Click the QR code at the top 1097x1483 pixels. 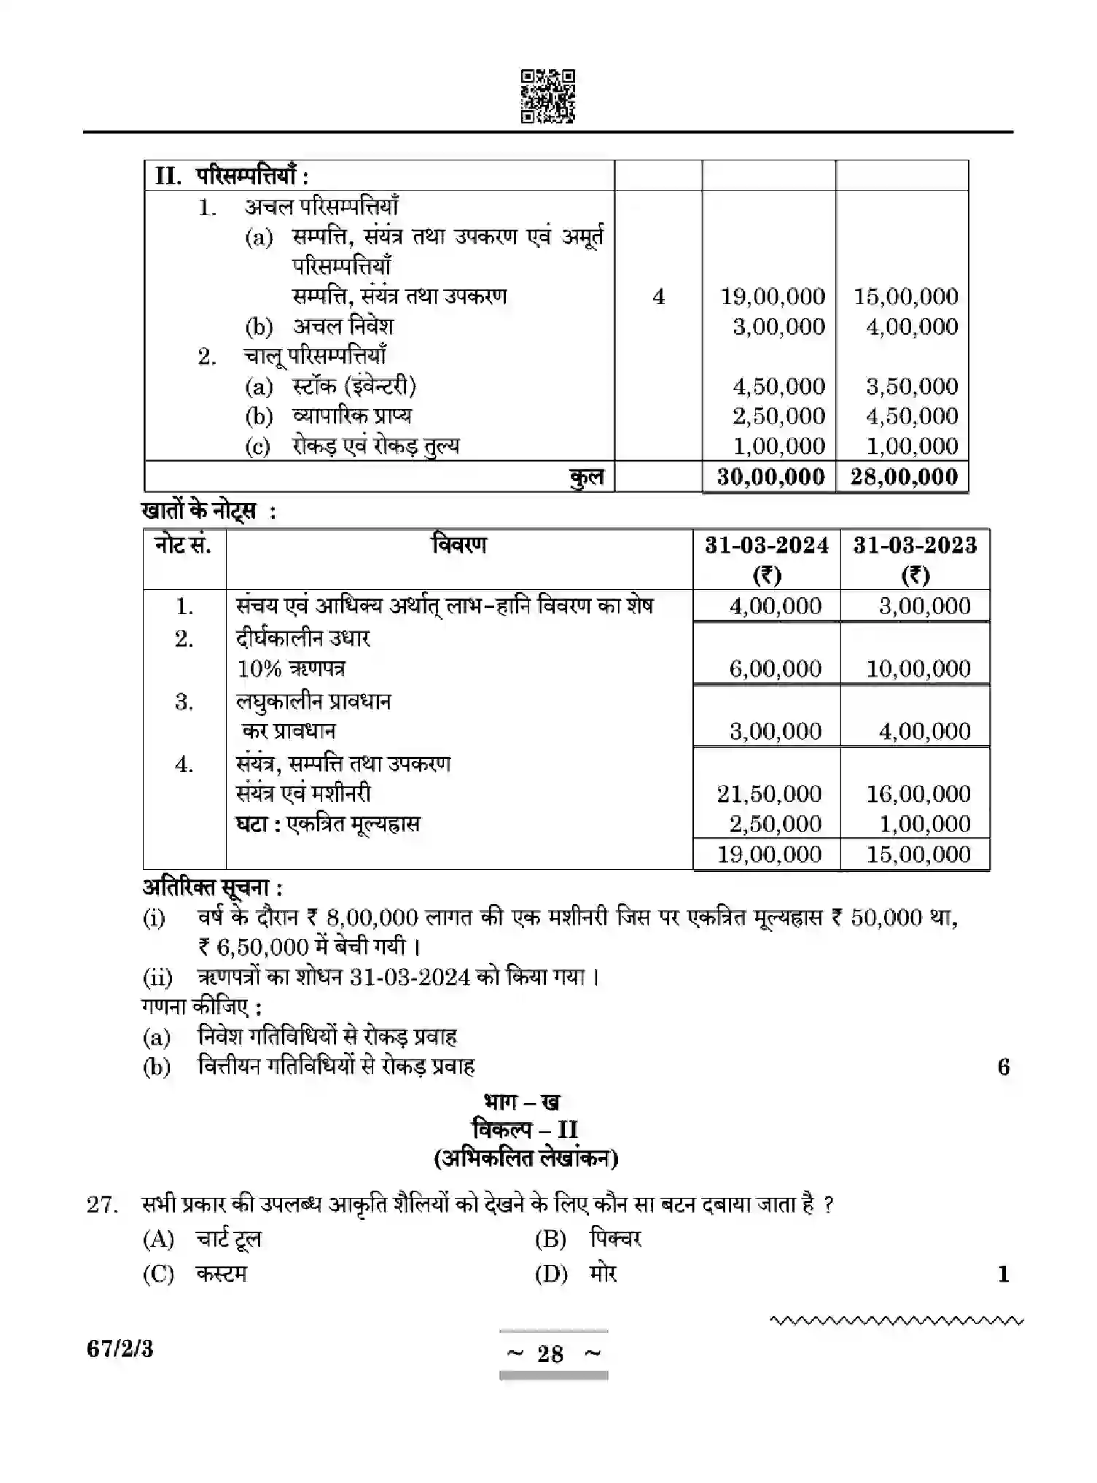[548, 96]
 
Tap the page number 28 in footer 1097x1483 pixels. [550, 1354]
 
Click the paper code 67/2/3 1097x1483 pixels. [120, 1349]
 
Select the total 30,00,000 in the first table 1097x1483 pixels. [770, 477]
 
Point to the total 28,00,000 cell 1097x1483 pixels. [904, 477]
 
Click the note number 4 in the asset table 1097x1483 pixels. [658, 297]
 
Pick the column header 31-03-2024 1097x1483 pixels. [766, 545]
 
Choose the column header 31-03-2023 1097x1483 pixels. [915, 545]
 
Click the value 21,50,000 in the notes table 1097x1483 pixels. [769, 793]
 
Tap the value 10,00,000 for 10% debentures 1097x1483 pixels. [918, 669]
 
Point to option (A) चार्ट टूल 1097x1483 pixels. [202, 1239]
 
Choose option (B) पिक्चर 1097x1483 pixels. [587, 1239]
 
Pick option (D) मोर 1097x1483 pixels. [576, 1274]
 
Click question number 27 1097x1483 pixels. [102, 1204]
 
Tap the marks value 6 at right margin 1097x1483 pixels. [1003, 1067]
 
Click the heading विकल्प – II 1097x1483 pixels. [525, 1130]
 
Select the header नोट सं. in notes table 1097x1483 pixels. [183, 545]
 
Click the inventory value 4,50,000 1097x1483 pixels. [778, 386]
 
